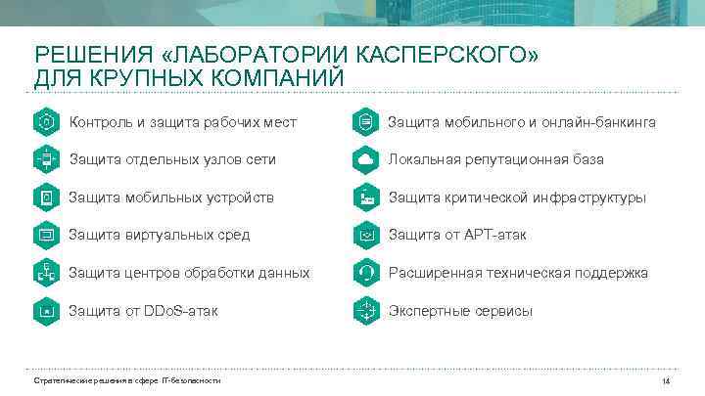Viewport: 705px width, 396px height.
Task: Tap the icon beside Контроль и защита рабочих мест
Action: (x=46, y=122)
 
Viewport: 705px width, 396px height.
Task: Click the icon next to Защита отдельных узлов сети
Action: (x=46, y=159)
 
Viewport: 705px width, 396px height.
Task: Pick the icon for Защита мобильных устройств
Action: (x=46, y=198)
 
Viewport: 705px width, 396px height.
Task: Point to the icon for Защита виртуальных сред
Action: (x=46, y=235)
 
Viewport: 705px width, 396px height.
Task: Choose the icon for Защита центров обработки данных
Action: (x=46, y=273)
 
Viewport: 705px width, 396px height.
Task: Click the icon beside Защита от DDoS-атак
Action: (x=46, y=311)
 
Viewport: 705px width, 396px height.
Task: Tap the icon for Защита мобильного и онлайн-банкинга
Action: (x=365, y=122)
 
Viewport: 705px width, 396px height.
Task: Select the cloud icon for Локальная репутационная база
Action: (x=365, y=159)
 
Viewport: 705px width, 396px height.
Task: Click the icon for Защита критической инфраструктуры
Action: (x=365, y=198)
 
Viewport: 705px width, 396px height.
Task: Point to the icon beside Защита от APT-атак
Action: (x=365, y=235)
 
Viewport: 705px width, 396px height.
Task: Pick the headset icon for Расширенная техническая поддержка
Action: (x=365, y=273)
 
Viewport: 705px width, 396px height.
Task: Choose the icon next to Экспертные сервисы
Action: (x=365, y=311)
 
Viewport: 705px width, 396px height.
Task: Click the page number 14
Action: (x=666, y=380)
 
